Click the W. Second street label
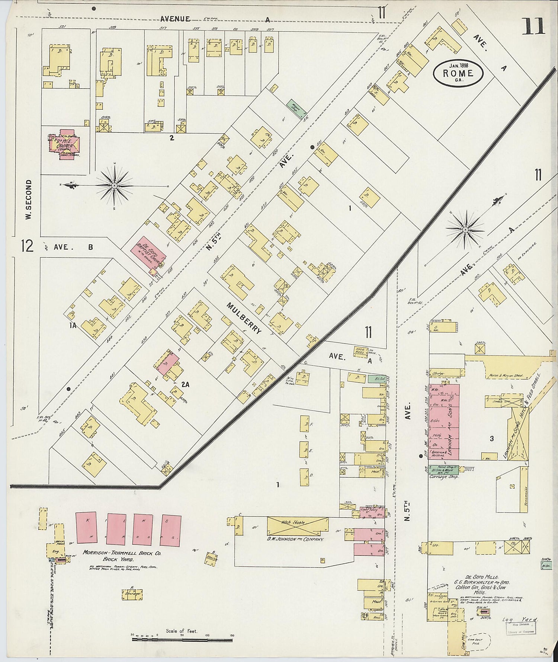pos(29,200)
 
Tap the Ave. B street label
pos(73,247)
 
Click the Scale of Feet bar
pos(182,640)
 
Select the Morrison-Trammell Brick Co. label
pos(122,553)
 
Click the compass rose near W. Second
pos(114,185)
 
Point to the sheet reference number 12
pos(27,246)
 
